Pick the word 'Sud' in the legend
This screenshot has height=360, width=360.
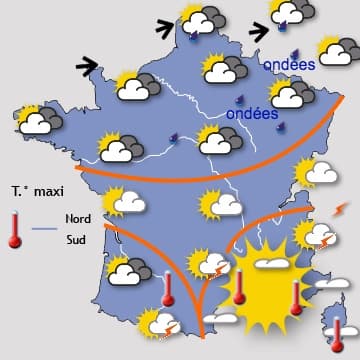point(75,240)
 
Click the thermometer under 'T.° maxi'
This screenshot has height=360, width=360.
point(14,229)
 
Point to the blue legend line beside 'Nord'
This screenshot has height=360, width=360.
point(45,229)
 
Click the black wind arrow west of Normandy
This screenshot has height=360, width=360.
point(87,66)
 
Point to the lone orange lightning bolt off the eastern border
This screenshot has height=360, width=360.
point(341,210)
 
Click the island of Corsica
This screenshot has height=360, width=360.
point(339,320)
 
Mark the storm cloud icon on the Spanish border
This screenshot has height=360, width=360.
point(157,324)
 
